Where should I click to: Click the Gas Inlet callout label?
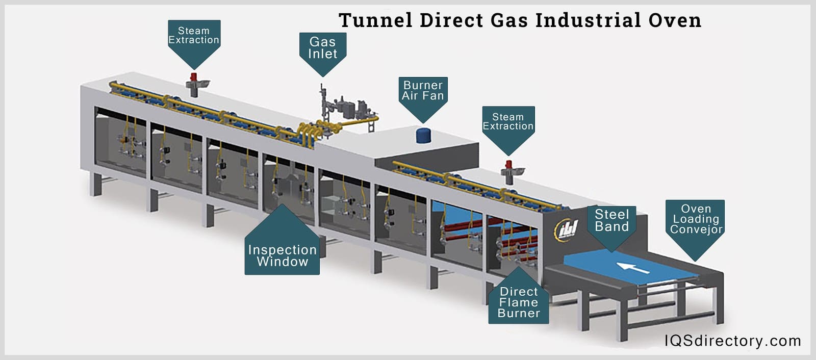[322, 48]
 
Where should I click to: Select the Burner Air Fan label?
[423, 91]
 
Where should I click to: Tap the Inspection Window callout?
[282, 255]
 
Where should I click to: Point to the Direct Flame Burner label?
[519, 302]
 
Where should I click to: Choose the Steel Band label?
[611, 220]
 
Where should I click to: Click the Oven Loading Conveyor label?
[695, 219]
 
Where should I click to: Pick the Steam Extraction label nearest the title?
[508, 122]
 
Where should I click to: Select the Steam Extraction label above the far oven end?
[194, 35]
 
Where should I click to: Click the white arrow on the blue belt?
[632, 267]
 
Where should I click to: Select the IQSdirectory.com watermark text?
[732, 341]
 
